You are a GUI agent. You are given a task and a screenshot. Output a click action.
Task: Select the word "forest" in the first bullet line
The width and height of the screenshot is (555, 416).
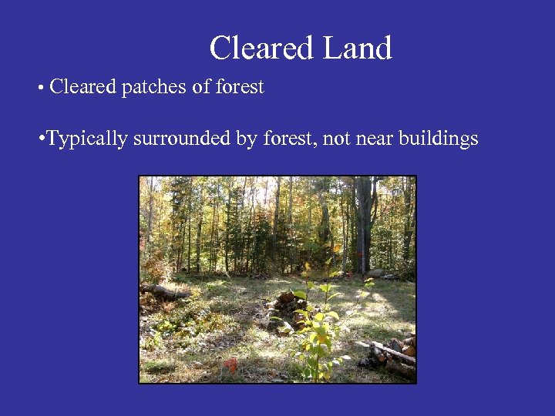240,87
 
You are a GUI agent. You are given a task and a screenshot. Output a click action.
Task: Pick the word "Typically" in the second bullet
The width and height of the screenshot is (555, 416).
86,139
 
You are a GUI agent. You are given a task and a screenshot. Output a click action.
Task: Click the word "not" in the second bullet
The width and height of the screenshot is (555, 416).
335,139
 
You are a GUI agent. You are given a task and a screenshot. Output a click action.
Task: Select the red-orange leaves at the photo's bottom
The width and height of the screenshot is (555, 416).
230,364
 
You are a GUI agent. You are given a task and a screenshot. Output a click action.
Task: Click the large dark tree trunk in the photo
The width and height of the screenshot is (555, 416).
363,223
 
